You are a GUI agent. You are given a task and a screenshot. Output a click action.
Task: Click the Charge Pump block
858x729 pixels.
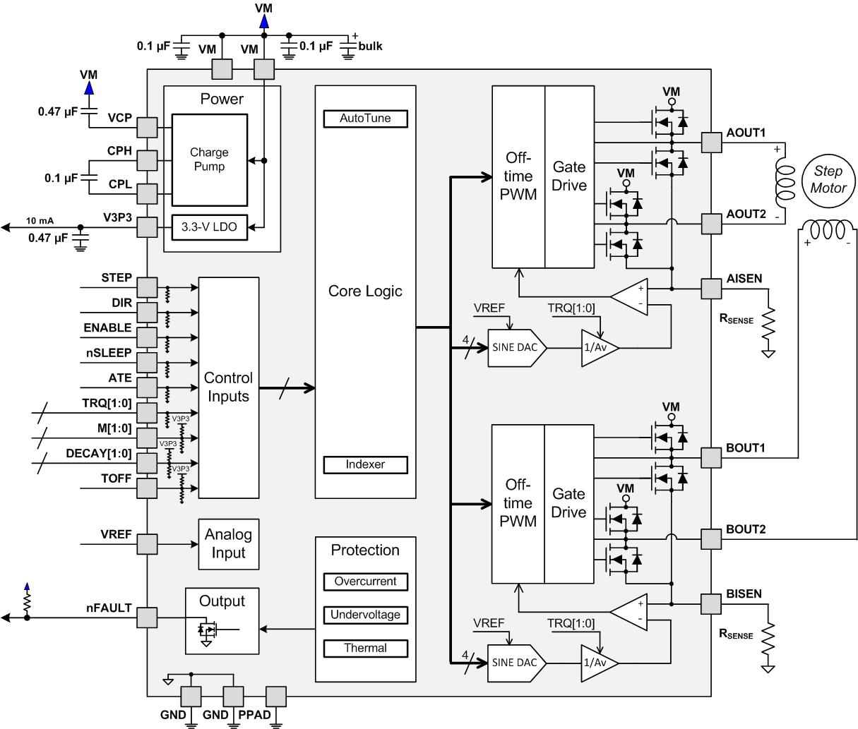tap(210, 160)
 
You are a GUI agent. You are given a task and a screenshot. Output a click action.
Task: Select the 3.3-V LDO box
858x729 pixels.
tap(210, 227)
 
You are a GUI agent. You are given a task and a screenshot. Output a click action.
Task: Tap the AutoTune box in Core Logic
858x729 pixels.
tap(365, 119)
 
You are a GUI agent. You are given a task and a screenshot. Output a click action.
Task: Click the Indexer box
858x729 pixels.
tap(365, 464)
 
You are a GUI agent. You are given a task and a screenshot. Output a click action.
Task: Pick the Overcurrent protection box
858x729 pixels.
tap(365, 582)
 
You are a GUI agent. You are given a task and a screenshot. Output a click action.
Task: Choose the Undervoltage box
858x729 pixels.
tap(365, 615)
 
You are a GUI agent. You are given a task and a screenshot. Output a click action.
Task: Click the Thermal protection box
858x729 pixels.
tap(365, 648)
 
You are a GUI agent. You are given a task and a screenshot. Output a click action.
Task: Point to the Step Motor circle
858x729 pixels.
tap(828, 180)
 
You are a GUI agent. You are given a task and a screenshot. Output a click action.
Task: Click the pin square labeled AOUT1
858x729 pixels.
tap(711, 143)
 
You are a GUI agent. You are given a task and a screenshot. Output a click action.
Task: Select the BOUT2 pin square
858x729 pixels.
tap(711, 539)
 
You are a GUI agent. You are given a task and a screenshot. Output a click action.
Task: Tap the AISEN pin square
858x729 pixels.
tap(711, 289)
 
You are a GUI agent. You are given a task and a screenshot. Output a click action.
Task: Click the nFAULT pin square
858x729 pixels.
tap(147, 618)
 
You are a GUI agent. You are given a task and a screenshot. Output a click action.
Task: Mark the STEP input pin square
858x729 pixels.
tap(147, 287)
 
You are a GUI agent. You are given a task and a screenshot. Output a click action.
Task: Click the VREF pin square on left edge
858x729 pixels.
tap(147, 544)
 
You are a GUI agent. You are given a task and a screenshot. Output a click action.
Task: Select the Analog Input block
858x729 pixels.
tap(228, 544)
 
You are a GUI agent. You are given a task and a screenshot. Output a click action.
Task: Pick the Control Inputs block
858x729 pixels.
tap(228, 387)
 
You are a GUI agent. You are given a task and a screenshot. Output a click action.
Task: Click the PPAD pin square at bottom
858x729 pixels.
tap(275, 697)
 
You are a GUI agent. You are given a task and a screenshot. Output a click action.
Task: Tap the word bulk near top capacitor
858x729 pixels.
tap(370, 46)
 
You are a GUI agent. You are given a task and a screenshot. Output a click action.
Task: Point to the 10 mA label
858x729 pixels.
tap(40, 219)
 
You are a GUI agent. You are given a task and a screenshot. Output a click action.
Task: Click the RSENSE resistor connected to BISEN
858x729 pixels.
tap(767, 639)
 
